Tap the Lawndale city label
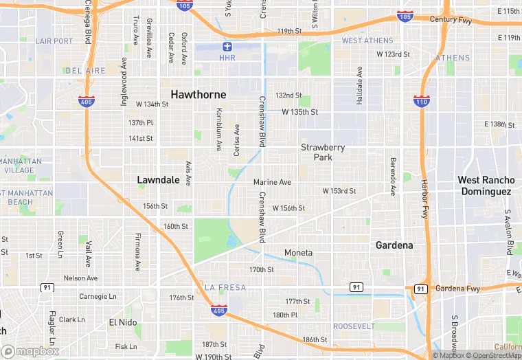158,180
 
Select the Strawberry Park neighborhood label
323,153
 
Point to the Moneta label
298,253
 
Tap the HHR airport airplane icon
227,47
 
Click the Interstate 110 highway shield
421,100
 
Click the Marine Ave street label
272,182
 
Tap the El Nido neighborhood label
123,322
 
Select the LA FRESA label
225,287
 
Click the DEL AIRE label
86,70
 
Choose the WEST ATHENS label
367,41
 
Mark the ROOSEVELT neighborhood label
354,326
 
